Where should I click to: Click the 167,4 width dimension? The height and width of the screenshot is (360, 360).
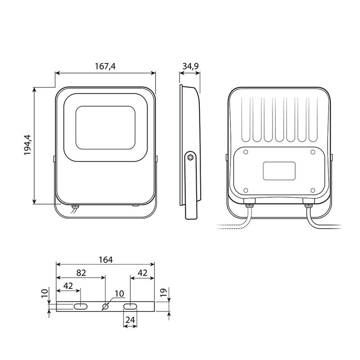pos(105,66)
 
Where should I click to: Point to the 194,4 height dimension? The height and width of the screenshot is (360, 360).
pos(28,145)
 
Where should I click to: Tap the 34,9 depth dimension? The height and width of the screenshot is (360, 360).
pos(190,66)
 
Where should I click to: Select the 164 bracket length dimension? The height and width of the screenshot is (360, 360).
pos(106,260)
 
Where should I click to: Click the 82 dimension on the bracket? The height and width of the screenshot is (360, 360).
pos(81,273)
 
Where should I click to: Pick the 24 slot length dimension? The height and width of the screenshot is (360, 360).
pos(130,320)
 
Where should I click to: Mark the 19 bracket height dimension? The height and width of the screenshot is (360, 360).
pos(163,293)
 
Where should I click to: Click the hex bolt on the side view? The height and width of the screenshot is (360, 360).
pos(190,157)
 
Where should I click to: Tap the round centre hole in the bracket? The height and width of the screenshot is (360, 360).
pos(105,306)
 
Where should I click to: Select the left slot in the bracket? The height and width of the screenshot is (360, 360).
pos(81,306)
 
